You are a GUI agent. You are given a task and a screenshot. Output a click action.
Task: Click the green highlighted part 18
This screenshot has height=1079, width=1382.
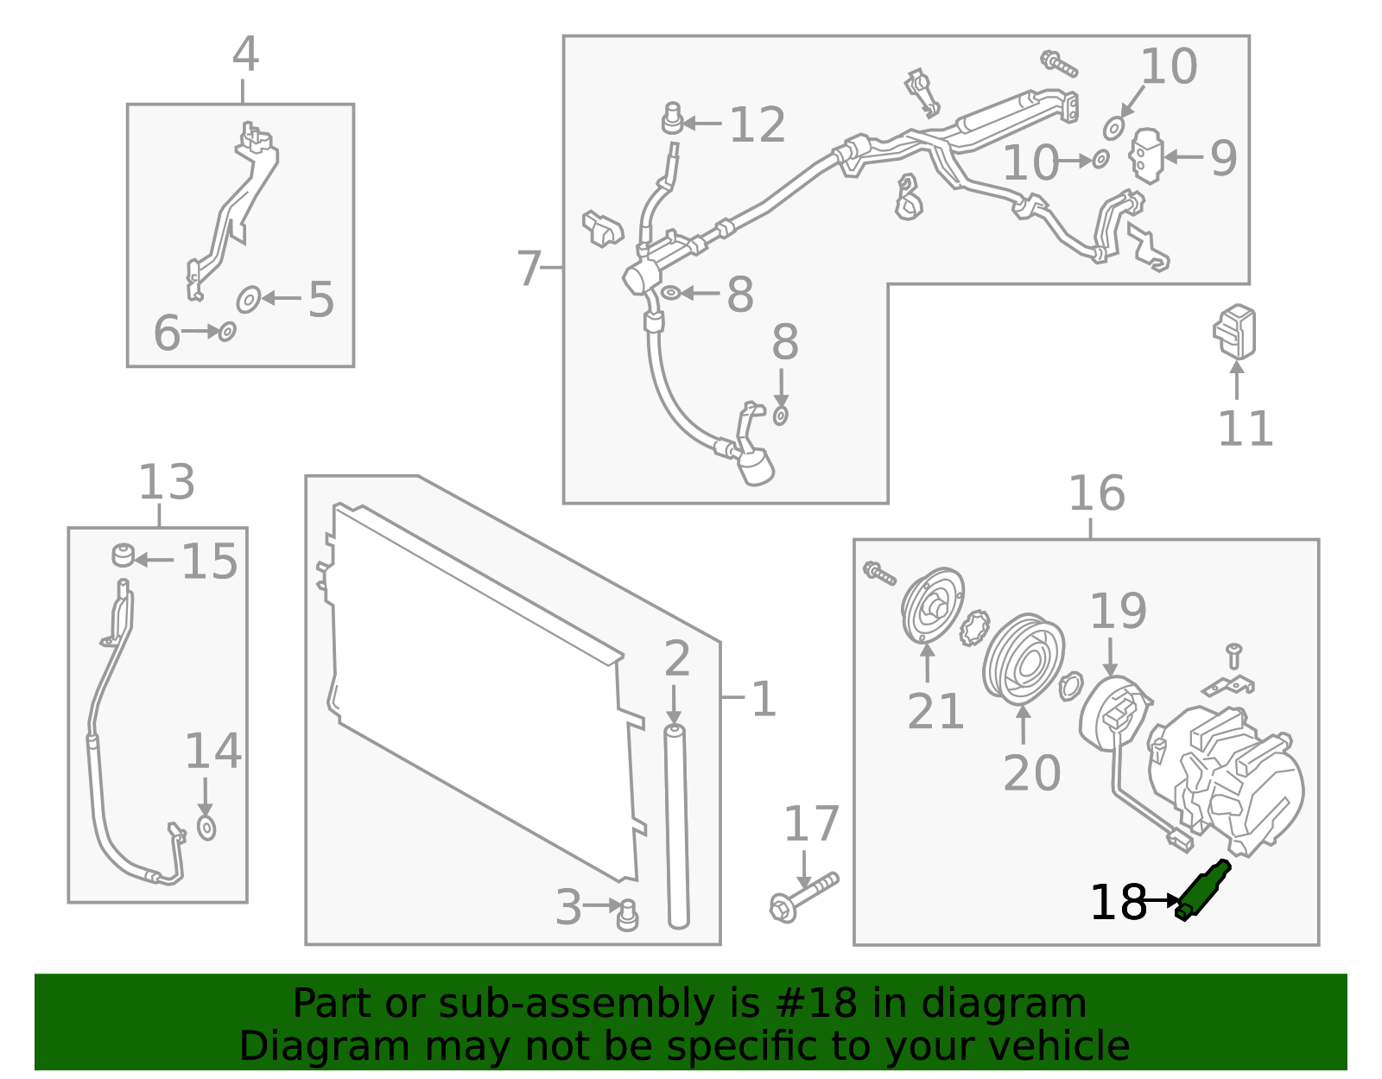1203,891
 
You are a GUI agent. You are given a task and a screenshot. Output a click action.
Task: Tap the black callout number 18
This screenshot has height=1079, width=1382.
1118,903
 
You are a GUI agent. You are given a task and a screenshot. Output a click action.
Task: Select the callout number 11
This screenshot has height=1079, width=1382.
1245,428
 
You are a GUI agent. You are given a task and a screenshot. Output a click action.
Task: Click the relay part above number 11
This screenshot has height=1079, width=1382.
1235,331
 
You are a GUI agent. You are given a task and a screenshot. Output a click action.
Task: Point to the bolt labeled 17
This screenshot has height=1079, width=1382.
803,897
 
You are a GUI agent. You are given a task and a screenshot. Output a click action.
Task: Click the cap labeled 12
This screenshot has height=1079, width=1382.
672,118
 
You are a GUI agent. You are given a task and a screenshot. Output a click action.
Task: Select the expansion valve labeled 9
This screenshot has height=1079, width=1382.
1146,156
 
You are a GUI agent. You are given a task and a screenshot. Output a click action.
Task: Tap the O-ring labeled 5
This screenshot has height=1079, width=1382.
249,300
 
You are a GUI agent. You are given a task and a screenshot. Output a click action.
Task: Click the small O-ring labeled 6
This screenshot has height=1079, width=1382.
227,331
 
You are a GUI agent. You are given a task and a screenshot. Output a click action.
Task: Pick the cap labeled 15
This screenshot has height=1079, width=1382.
124,554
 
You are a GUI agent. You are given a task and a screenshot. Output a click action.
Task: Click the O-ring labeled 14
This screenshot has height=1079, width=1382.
206,828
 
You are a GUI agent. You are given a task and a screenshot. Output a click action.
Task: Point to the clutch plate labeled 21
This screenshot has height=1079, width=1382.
932,606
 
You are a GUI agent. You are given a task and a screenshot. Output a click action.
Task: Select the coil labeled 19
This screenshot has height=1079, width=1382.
1114,714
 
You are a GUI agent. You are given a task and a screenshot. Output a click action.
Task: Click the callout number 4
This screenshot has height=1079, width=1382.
245,54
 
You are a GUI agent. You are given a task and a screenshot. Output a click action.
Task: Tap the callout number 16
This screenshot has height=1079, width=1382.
1096,493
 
